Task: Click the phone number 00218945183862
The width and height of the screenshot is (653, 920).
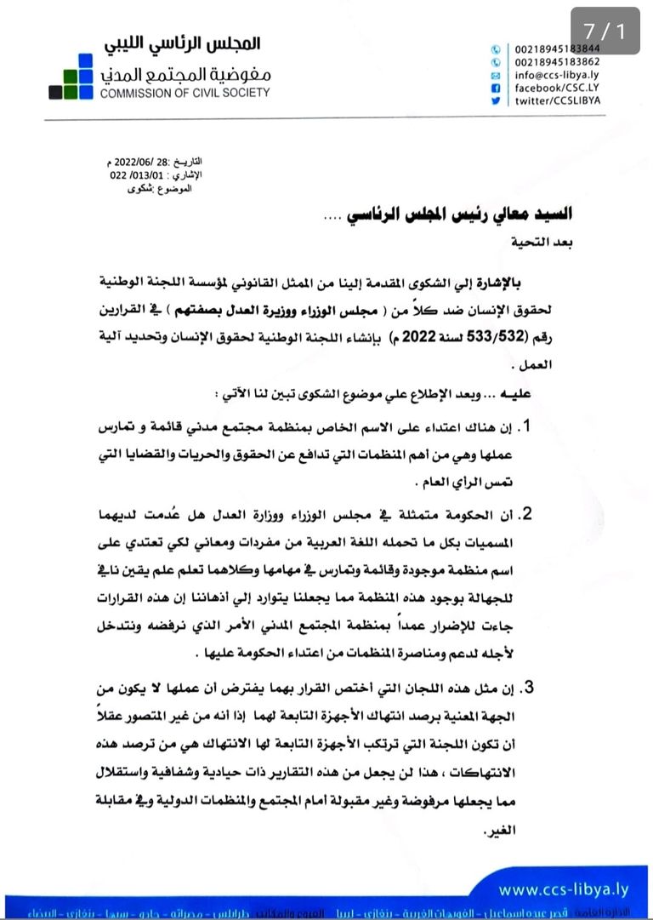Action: [557, 62]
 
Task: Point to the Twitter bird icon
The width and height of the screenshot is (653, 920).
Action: [495, 100]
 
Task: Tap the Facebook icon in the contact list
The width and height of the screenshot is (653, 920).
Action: [495, 88]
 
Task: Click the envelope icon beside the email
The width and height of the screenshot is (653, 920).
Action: [495, 75]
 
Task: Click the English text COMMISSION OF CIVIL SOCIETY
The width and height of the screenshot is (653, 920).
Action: [185, 93]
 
